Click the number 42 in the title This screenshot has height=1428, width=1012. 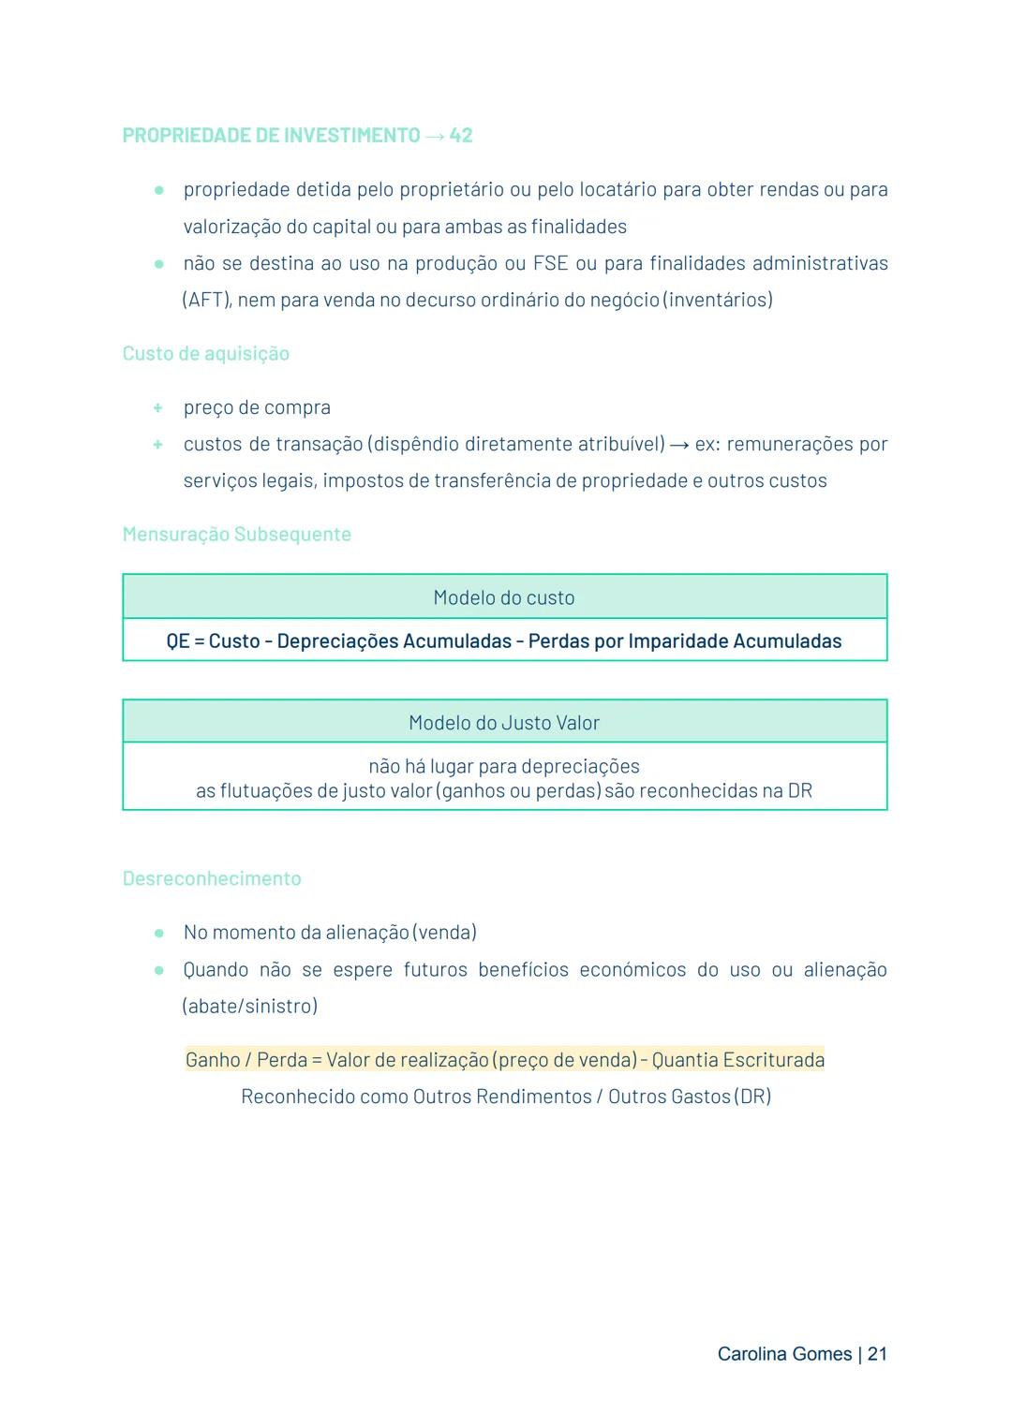coord(461,136)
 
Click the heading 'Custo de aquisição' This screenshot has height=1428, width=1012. coord(206,354)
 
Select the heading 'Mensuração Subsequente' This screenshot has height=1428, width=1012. coord(237,535)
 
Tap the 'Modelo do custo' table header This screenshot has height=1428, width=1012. coord(504,597)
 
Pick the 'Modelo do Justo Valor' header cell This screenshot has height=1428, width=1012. coord(504,723)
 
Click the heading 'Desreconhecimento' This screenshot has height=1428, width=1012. coord(212,879)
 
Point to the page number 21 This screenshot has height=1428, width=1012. coord(877,1354)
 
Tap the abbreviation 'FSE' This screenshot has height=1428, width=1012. coord(551,264)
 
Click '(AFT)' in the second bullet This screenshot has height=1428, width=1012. coord(206,301)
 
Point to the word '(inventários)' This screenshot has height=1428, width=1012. coord(718,301)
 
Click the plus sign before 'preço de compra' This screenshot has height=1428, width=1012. coord(158,408)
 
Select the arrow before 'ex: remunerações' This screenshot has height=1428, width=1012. coord(679,445)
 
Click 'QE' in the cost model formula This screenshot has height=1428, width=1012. coord(178,641)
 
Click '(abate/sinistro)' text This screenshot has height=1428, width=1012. coord(250,1007)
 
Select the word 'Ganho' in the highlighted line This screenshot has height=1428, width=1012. coord(212,1060)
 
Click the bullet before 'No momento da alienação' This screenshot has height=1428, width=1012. coord(159,934)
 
